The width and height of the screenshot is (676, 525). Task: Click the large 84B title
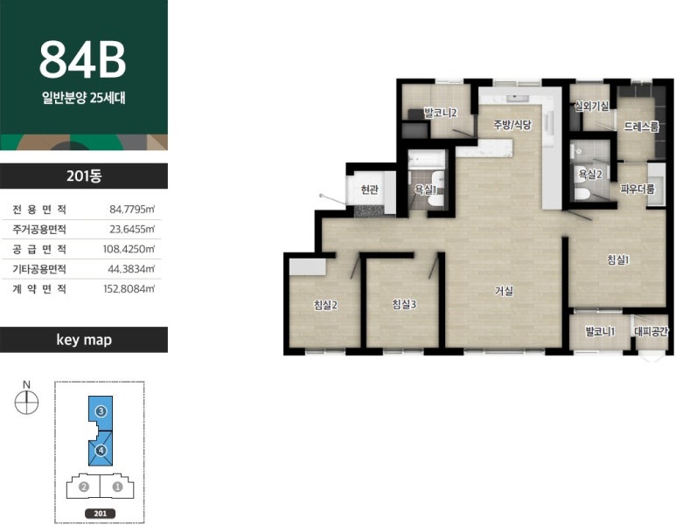(x=83, y=60)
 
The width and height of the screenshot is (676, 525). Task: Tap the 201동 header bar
(x=84, y=176)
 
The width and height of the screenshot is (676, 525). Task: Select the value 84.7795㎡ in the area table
(x=132, y=210)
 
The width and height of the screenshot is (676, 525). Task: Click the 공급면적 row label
(x=39, y=249)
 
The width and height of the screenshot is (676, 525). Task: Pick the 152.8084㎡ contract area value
(x=129, y=288)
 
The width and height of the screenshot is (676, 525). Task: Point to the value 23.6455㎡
(x=132, y=229)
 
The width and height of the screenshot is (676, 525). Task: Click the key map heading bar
(x=84, y=340)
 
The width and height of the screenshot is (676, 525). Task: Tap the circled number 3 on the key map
(x=101, y=411)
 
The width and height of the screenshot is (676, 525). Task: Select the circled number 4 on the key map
(x=101, y=450)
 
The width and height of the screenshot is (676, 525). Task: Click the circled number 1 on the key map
(x=117, y=487)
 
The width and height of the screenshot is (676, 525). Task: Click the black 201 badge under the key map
(x=100, y=514)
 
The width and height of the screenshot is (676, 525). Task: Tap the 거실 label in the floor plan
(x=504, y=291)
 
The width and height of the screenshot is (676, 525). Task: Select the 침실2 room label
(x=325, y=306)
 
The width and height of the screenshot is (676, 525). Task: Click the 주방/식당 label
(x=512, y=125)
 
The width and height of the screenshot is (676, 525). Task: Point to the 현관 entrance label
(x=369, y=189)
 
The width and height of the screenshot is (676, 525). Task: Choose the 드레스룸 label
(x=642, y=127)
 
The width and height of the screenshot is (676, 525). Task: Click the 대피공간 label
(x=651, y=331)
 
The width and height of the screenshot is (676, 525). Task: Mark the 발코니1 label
(x=600, y=332)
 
